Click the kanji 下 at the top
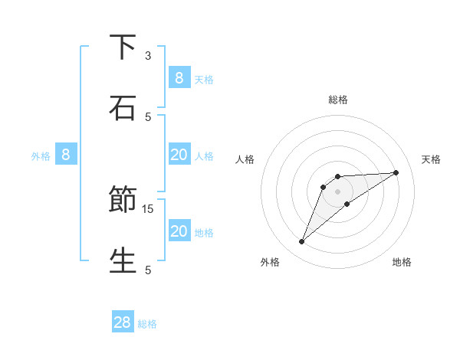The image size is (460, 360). coord(123,47)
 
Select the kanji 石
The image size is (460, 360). coord(123,107)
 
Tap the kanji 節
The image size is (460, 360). coord(123,200)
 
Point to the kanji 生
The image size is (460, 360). coord(123,260)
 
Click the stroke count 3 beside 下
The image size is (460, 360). coord(148,56)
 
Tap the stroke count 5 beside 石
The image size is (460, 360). coord(148,116)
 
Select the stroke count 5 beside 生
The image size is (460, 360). coord(148,269)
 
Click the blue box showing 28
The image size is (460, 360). coord(123,322)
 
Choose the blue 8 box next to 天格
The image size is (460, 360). coord(179,77)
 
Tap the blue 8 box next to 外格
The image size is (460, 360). coord(66,155)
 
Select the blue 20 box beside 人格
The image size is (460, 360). coord(179,155)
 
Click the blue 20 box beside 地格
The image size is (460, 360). coord(179,231)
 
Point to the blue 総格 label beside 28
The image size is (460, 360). coord(147,324)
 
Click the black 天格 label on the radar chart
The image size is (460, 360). coord(431,159)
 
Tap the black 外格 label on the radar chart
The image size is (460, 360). coord(270,262)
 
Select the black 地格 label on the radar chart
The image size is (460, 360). coord(402,262)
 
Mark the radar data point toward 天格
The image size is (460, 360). coord(396,172)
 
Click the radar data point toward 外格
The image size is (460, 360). coord(302,242)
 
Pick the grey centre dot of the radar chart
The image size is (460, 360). coord(337,191)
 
